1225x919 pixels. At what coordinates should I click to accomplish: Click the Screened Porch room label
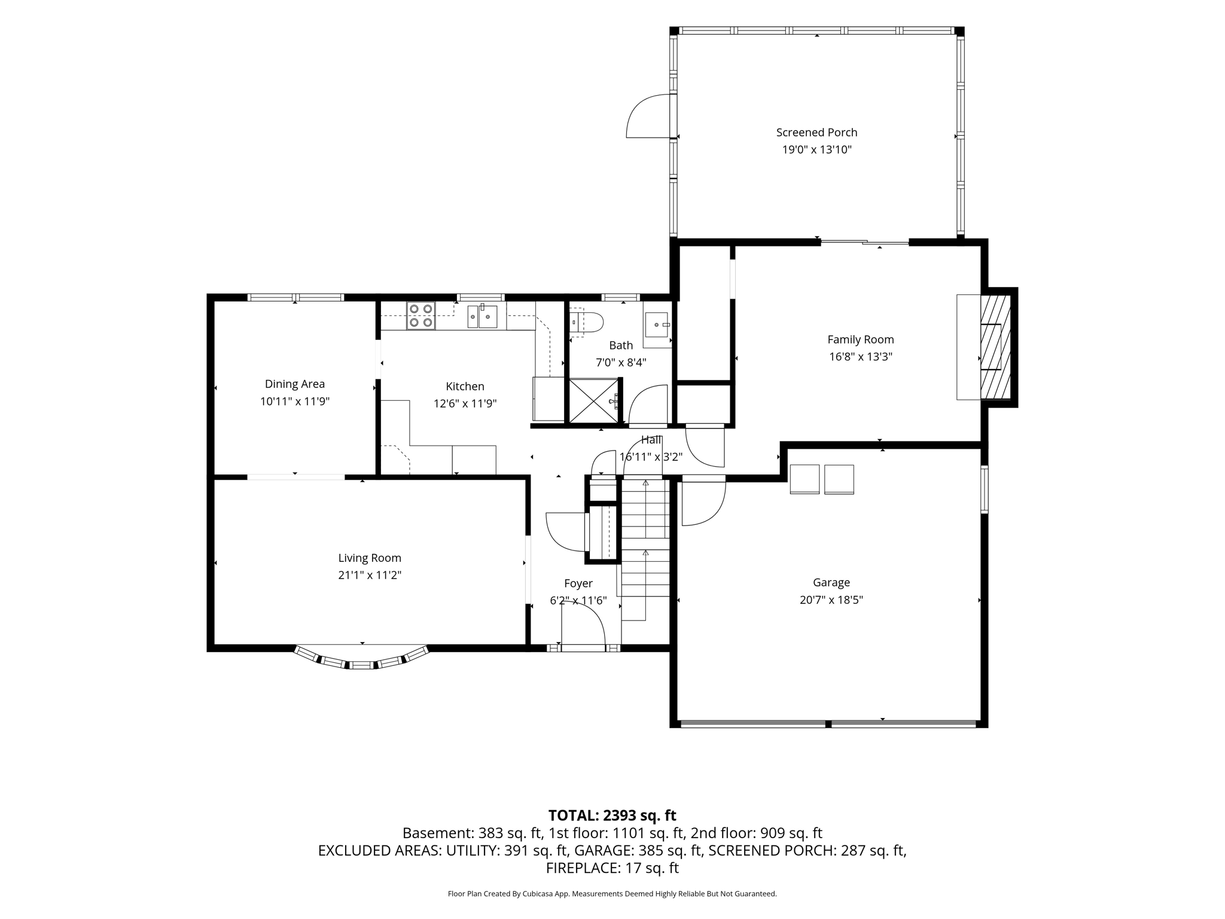(816, 133)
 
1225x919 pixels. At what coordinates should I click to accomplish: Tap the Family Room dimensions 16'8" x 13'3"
(860, 357)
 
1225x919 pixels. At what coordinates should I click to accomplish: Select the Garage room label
(831, 582)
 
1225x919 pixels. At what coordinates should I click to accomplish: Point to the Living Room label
(370, 558)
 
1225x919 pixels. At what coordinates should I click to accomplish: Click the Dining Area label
(295, 384)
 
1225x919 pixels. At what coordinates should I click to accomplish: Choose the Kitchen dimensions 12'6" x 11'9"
(465, 404)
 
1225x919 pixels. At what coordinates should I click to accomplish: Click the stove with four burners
(421, 316)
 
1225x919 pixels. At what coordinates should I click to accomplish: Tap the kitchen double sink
(482, 316)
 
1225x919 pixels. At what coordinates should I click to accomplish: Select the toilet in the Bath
(586, 322)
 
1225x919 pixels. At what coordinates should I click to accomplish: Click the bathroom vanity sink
(657, 325)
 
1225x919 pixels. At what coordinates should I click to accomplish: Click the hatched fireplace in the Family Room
(995, 347)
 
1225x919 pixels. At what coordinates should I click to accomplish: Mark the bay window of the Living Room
(362, 659)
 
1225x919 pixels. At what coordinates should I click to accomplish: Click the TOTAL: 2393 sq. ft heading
(612, 815)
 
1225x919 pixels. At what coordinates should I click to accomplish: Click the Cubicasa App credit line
(612, 894)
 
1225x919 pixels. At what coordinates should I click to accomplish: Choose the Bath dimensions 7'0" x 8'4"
(621, 363)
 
